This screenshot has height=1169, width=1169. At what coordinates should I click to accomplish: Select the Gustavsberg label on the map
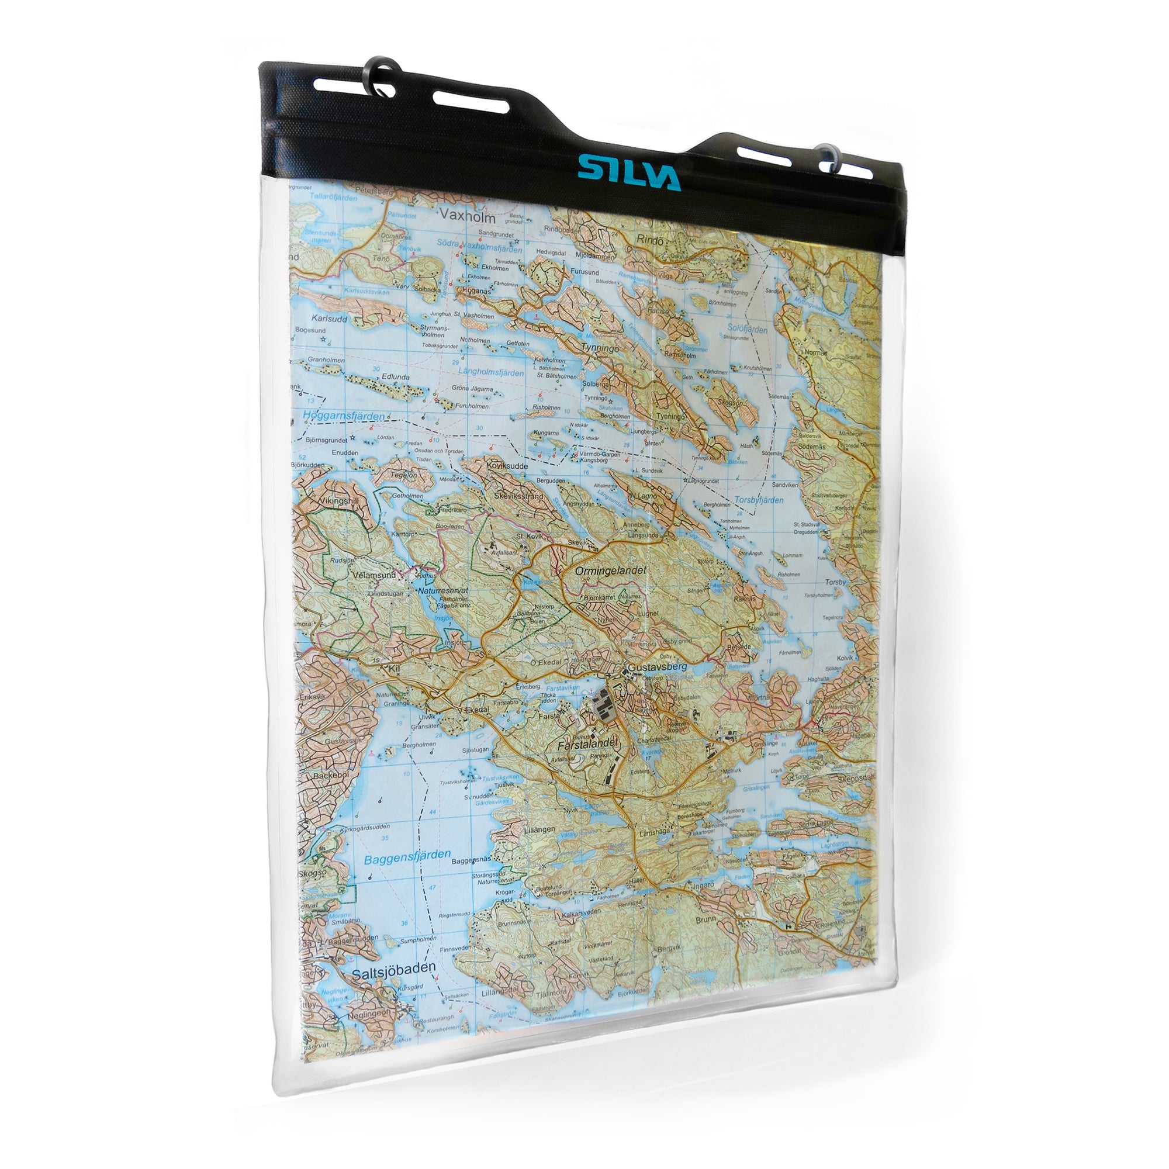(x=657, y=667)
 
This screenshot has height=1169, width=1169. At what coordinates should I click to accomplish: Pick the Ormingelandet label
(x=611, y=570)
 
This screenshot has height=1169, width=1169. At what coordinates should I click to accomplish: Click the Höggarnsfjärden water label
(x=343, y=416)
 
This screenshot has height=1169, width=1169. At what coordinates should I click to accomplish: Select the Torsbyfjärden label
(x=759, y=500)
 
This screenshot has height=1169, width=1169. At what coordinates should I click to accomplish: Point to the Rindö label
(x=650, y=240)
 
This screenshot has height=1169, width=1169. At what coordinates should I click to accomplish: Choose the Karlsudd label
(x=329, y=319)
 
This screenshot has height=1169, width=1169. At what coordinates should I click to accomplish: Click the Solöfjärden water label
(x=746, y=328)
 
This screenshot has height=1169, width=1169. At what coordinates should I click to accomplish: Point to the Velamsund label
(x=374, y=575)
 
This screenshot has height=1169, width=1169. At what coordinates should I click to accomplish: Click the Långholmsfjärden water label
(x=491, y=372)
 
